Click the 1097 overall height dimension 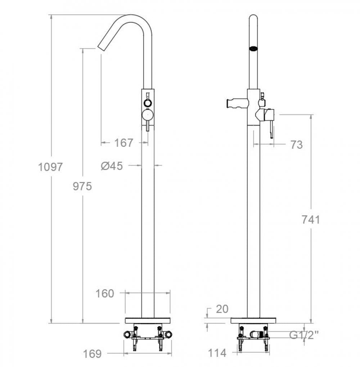point(51,167)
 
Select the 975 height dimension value point(82,186)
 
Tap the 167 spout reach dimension point(124,143)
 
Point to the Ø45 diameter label point(112,166)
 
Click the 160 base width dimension point(105,294)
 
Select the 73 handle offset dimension point(296,145)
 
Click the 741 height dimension point(310,219)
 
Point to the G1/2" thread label point(304,335)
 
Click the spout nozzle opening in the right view point(254,48)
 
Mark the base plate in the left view point(148,321)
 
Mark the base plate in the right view point(253,321)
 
